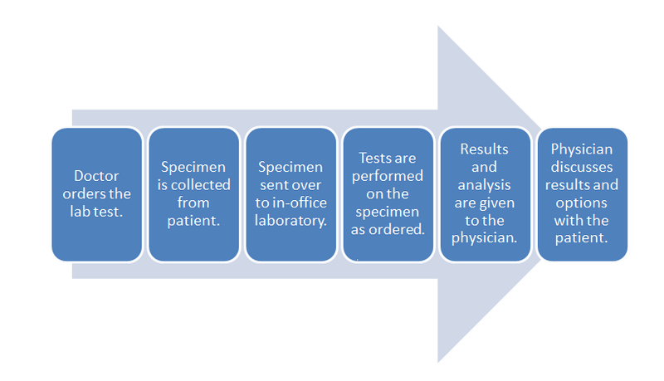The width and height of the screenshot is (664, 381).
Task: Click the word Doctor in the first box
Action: [95, 176]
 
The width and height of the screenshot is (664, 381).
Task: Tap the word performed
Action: [388, 175]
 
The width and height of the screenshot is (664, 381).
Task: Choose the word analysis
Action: [486, 184]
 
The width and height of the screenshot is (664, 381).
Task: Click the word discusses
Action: [582, 166]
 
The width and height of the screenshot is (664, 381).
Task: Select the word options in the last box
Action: [582, 203]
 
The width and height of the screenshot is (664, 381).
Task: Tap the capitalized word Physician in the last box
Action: [582, 149]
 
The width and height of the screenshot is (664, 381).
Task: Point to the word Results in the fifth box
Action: [486, 149]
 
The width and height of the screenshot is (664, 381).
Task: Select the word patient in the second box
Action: [192, 221]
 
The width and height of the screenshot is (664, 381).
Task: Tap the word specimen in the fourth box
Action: [388, 212]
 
